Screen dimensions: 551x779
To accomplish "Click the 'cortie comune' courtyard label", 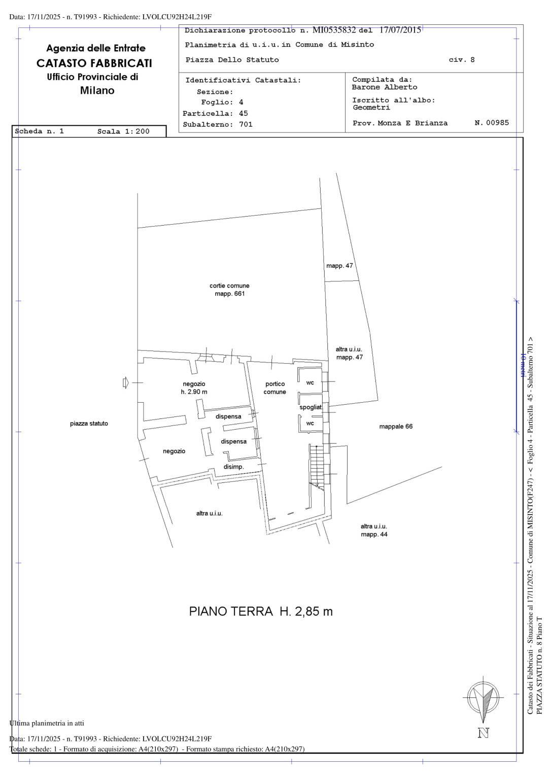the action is pos(229,290).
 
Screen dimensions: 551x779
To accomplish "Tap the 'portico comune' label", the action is pos(275,388).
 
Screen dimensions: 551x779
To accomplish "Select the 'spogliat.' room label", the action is pos(311,407).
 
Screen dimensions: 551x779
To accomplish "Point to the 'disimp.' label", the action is pos(233,467).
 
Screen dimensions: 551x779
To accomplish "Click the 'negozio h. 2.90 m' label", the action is pos(194,388).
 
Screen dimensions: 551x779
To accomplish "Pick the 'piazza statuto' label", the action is pos(89,423).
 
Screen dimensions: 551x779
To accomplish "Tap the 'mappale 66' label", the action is pos(396,427).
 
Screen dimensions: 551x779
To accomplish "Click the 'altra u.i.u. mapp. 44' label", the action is pos(374,530).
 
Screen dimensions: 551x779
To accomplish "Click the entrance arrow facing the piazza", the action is pos(126,383).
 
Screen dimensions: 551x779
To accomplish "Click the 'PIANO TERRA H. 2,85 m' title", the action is pos(261,611).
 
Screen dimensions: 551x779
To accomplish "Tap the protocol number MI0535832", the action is pos(334,30).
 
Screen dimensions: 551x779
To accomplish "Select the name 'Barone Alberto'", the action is pos(385,87).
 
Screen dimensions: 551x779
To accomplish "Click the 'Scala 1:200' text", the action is pos(123,131).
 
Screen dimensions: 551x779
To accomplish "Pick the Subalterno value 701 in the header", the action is pos(246,124).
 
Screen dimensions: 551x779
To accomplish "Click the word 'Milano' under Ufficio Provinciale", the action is pos(97,90).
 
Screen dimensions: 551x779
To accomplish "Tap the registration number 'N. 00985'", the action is pos(492,123).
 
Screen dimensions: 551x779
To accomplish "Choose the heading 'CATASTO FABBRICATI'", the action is pos(94,63).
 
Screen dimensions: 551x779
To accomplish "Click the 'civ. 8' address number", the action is pos(462,60).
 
